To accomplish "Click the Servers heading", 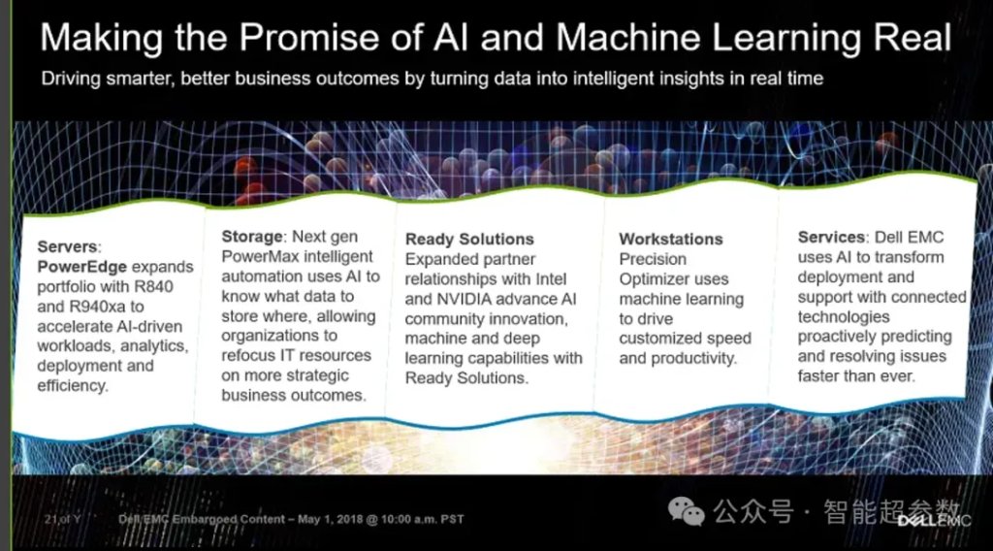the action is [x=69, y=246].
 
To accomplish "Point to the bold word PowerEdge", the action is [x=81, y=267].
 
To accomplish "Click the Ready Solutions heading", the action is [x=469, y=239].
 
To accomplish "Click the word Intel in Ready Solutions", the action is [x=551, y=278].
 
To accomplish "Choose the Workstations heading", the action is [x=671, y=239].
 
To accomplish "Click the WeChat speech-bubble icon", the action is [x=687, y=510].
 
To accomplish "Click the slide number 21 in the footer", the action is [x=50, y=519].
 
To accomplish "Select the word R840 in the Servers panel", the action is [x=154, y=286].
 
